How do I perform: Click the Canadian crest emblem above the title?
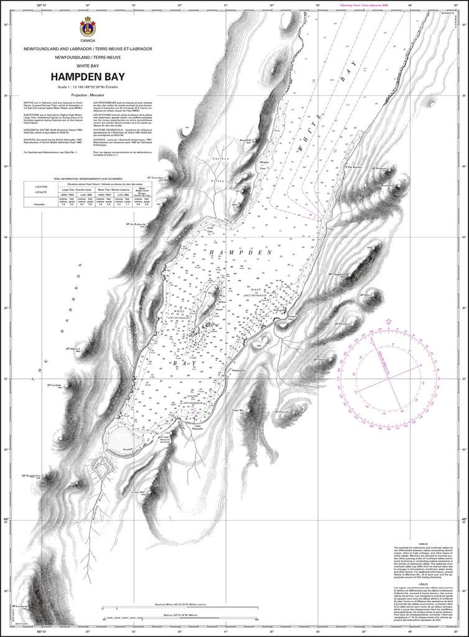pyautogui.click(x=87, y=27)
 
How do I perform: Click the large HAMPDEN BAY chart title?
pyautogui.click(x=87, y=77)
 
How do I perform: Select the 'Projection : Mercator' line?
pyautogui.click(x=87, y=95)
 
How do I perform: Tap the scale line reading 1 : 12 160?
pyautogui.click(x=87, y=86)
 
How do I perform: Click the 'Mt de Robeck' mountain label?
pyautogui.click(x=136, y=225)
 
